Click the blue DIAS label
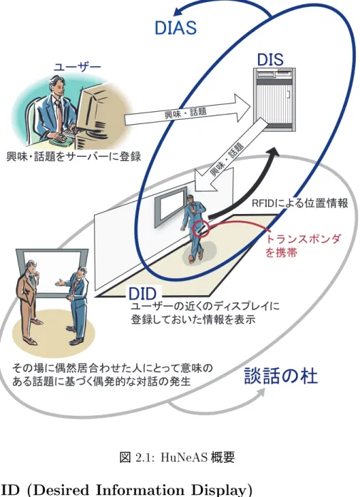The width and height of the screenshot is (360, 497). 175,28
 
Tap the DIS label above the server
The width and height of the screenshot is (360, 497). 270,60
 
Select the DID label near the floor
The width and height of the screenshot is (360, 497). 143,294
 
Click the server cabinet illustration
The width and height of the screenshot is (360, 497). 275,99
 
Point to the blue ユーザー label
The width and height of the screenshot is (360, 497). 77,67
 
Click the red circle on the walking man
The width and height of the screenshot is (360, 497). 201,228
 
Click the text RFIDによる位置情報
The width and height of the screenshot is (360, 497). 300,203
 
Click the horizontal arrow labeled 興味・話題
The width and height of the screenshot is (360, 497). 187,111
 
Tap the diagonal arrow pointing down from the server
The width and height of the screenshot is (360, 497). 227,156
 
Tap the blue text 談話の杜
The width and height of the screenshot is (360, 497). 281,376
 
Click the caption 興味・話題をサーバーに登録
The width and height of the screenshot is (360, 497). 73,156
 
